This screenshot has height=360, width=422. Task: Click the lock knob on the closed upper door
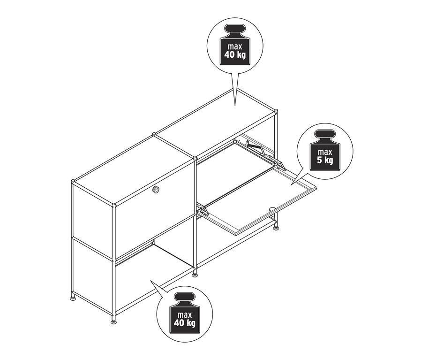point(155,189)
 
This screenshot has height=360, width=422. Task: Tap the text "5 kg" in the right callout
point(324,161)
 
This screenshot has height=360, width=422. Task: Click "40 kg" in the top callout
point(234,55)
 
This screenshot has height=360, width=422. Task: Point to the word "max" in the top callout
point(234,47)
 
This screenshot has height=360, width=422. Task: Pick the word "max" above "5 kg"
point(324,152)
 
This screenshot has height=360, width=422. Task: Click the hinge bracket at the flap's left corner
point(203,210)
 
